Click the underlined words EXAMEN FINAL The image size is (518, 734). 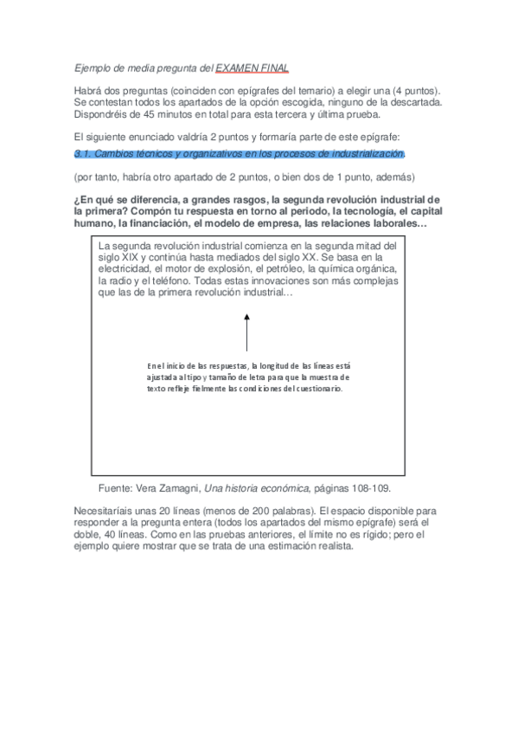253,68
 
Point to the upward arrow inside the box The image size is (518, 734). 246,332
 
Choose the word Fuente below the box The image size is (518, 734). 116,488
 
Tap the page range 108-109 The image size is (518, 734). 374,488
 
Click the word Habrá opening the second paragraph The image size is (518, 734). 88,91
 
